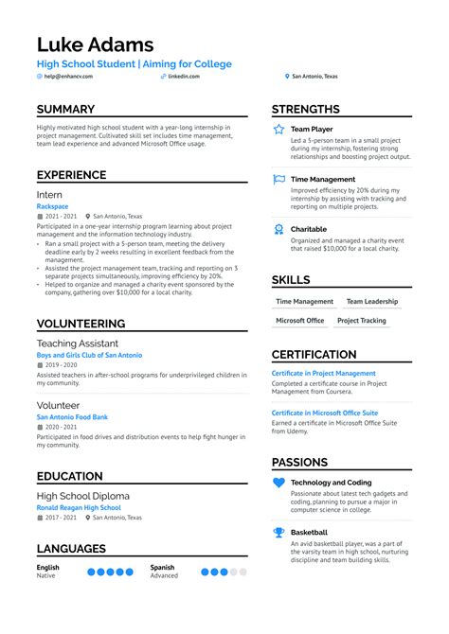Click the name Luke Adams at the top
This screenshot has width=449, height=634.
tap(95, 44)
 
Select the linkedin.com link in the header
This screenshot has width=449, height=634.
tap(183, 77)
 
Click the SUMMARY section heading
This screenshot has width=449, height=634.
tap(65, 110)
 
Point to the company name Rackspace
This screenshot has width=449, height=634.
tap(53, 206)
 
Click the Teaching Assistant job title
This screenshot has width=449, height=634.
tap(78, 343)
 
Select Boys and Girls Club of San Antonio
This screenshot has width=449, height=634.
tap(89, 355)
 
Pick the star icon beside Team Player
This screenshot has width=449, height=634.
tap(278, 129)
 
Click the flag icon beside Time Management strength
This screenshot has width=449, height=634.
tap(278, 179)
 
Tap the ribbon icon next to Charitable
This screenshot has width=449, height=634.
tap(278, 229)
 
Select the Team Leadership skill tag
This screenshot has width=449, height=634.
tap(372, 302)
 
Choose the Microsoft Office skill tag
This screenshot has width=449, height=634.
tap(299, 321)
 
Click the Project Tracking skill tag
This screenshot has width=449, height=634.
tap(361, 321)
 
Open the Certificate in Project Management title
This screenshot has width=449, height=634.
tap(323, 374)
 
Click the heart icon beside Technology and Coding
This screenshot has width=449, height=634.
tap(278, 483)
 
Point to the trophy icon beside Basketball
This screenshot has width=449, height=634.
tap(278, 533)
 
